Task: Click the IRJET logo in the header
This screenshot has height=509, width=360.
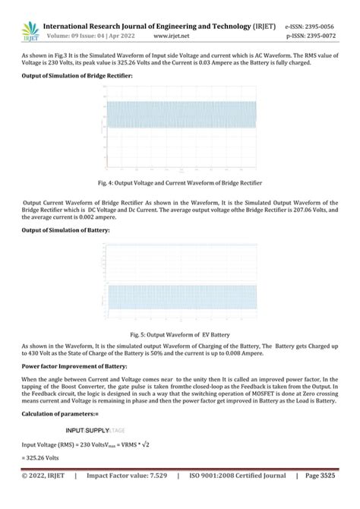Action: point(30,30)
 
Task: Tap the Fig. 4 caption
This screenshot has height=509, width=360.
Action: point(179,183)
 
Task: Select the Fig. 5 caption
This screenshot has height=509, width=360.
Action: point(179,334)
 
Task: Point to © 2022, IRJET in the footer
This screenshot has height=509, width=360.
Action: point(43,498)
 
